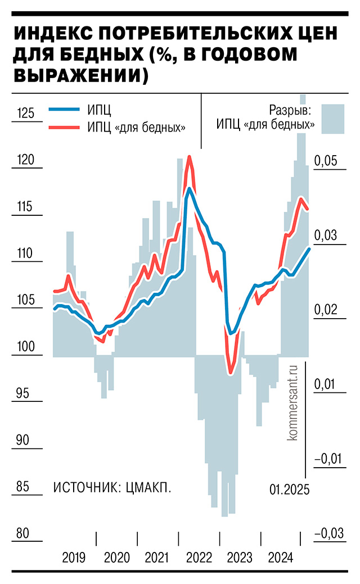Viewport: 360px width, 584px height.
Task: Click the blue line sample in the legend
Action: coord(64,110)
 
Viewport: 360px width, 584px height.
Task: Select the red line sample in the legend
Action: coord(64,127)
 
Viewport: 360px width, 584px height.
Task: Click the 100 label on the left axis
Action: coord(26,347)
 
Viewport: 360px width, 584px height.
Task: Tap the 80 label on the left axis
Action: coord(22,533)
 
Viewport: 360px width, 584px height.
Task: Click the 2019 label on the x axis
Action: coord(74,558)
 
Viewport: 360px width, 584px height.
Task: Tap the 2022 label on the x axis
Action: coord(199,558)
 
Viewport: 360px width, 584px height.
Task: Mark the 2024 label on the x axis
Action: coord(280,558)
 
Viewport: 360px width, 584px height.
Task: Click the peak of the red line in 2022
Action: coord(190,157)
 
